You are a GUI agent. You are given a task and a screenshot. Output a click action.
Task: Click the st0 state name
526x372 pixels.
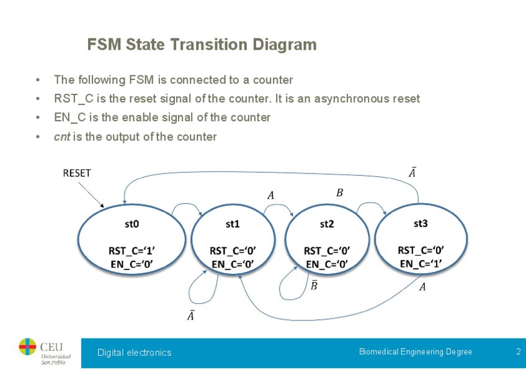tap(131, 224)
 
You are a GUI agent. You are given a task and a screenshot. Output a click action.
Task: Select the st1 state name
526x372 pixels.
tap(233, 224)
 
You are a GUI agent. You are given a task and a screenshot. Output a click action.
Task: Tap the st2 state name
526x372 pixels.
tap(327, 224)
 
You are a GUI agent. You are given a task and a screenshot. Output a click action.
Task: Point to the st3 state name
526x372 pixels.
tap(421, 222)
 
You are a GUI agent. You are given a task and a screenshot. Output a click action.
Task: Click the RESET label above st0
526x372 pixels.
tap(77, 173)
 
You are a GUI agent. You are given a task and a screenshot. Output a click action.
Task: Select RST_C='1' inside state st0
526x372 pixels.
tap(131, 251)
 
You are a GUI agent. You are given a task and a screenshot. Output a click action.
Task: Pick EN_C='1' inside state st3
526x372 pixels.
tap(421, 264)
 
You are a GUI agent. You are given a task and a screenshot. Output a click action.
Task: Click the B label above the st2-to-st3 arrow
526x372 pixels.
tap(339, 193)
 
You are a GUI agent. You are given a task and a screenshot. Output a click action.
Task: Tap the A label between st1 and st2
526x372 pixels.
tap(270, 196)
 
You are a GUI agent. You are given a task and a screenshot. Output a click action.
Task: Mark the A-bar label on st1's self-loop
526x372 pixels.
tap(191, 315)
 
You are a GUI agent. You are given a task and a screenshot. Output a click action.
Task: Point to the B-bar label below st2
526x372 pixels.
tap(314, 285)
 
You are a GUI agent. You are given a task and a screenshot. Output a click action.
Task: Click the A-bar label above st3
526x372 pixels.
tap(412, 172)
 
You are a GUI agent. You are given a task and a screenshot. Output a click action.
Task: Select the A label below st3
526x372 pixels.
tap(422, 287)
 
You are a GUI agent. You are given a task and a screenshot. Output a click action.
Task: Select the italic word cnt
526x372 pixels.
tap(61, 137)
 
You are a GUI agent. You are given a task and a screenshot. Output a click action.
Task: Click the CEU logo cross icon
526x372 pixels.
tap(28, 347)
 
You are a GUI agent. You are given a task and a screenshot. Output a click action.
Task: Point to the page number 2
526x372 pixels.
tap(518, 352)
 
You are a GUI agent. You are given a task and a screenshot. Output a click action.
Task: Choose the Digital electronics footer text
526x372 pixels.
tap(134, 353)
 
